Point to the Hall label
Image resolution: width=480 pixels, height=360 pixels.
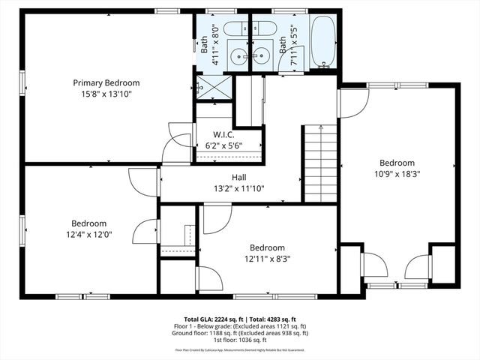[x=239, y=177]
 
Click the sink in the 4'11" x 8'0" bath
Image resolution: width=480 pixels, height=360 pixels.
[x=239, y=55]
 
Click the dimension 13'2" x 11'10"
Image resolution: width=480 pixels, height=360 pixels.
[x=239, y=188]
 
